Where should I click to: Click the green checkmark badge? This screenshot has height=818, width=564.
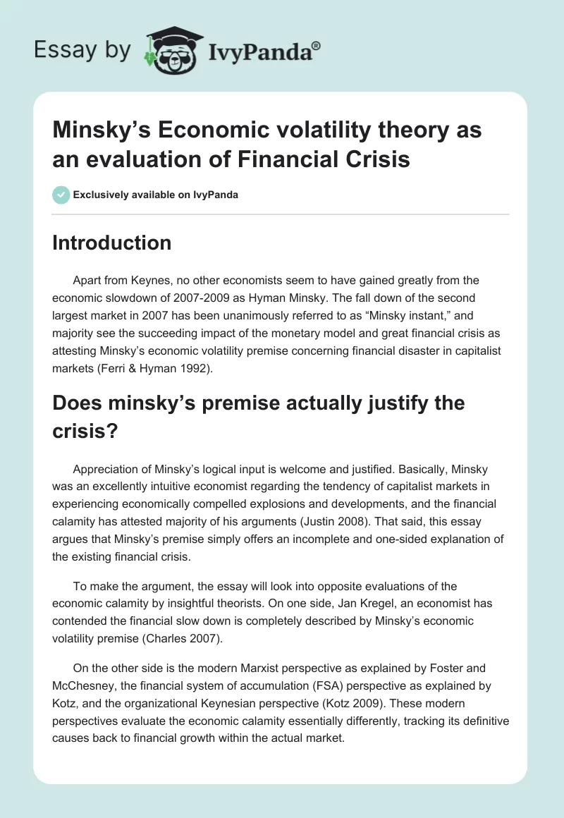coord(61,195)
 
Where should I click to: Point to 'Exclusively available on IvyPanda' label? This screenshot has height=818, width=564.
coord(155,195)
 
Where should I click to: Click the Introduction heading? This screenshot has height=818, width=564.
coord(112,243)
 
